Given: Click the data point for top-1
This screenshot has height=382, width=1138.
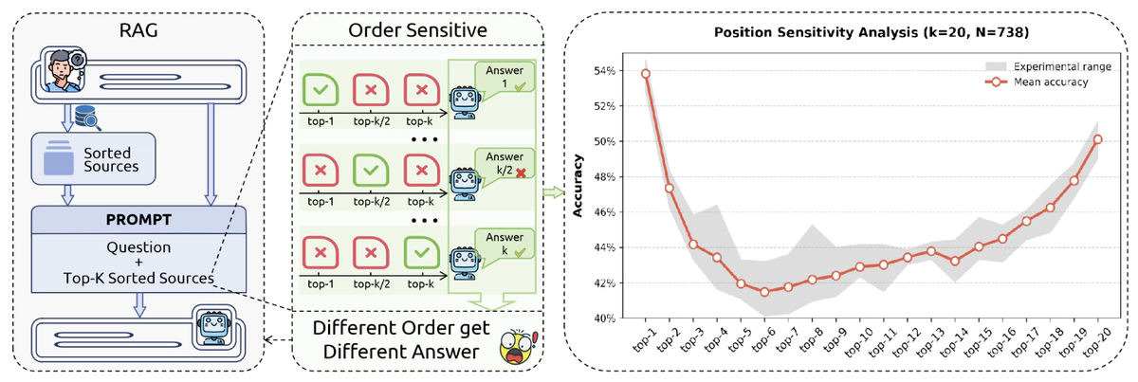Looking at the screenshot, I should pyautogui.click(x=645, y=74).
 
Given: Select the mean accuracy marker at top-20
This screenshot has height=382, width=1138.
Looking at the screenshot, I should pyautogui.click(x=1097, y=139).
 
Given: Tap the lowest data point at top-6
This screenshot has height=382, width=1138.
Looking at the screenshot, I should pyautogui.click(x=764, y=291).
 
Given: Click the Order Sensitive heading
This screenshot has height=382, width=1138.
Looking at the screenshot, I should pyautogui.click(x=418, y=31).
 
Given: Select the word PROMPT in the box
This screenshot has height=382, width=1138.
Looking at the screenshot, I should pyautogui.click(x=139, y=220).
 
